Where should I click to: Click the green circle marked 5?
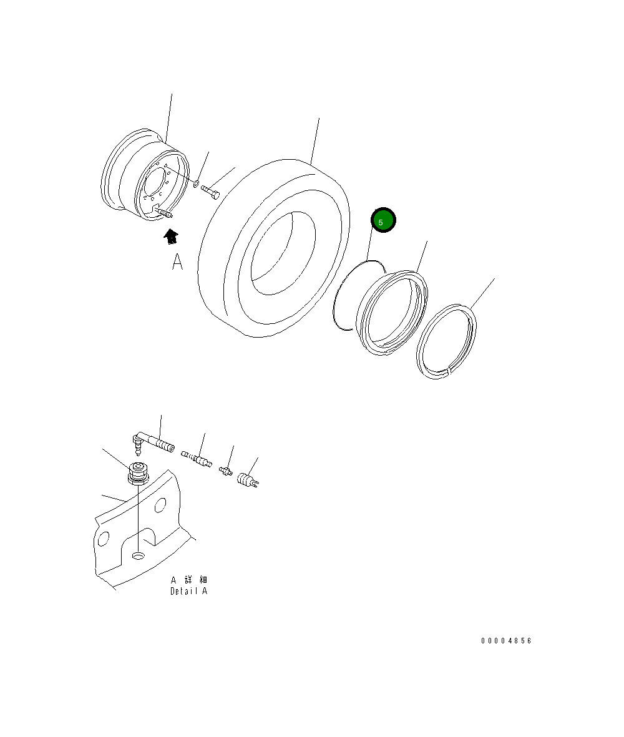click(x=383, y=220)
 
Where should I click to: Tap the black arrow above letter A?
click(x=170, y=237)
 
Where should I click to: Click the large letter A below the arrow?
click(x=178, y=262)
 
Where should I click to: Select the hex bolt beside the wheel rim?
click(x=211, y=192)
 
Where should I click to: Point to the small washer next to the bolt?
click(x=196, y=184)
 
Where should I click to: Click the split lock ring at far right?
click(x=447, y=342)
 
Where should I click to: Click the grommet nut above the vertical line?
click(x=137, y=474)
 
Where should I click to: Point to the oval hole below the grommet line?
click(x=138, y=555)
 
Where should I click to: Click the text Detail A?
click(x=189, y=591)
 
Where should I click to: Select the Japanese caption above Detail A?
click(x=189, y=580)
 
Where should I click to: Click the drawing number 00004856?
click(x=506, y=641)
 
